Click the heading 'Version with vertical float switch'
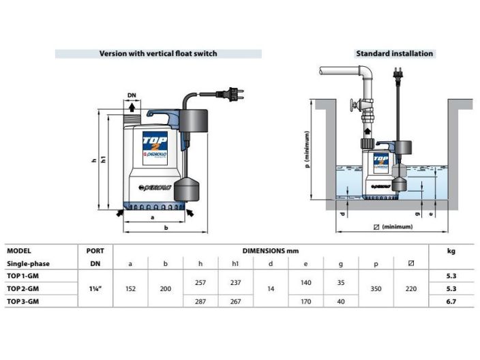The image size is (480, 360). (157, 53)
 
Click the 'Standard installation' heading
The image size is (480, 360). (394, 53)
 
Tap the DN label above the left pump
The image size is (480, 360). (132, 96)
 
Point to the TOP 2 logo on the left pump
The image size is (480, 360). (151, 145)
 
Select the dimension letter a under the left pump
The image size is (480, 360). (151, 217)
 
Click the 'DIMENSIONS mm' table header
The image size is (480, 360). (271, 251)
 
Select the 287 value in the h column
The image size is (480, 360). (199, 301)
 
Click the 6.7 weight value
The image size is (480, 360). (451, 301)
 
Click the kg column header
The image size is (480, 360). (451, 251)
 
